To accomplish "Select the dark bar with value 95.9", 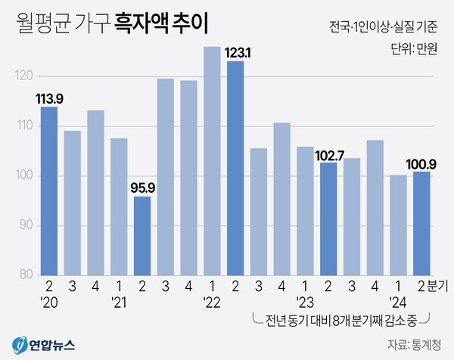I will pos(142,235).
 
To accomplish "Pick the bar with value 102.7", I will pos(328,219).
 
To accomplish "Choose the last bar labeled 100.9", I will pos(422,223).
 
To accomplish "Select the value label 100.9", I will pos(421,163).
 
